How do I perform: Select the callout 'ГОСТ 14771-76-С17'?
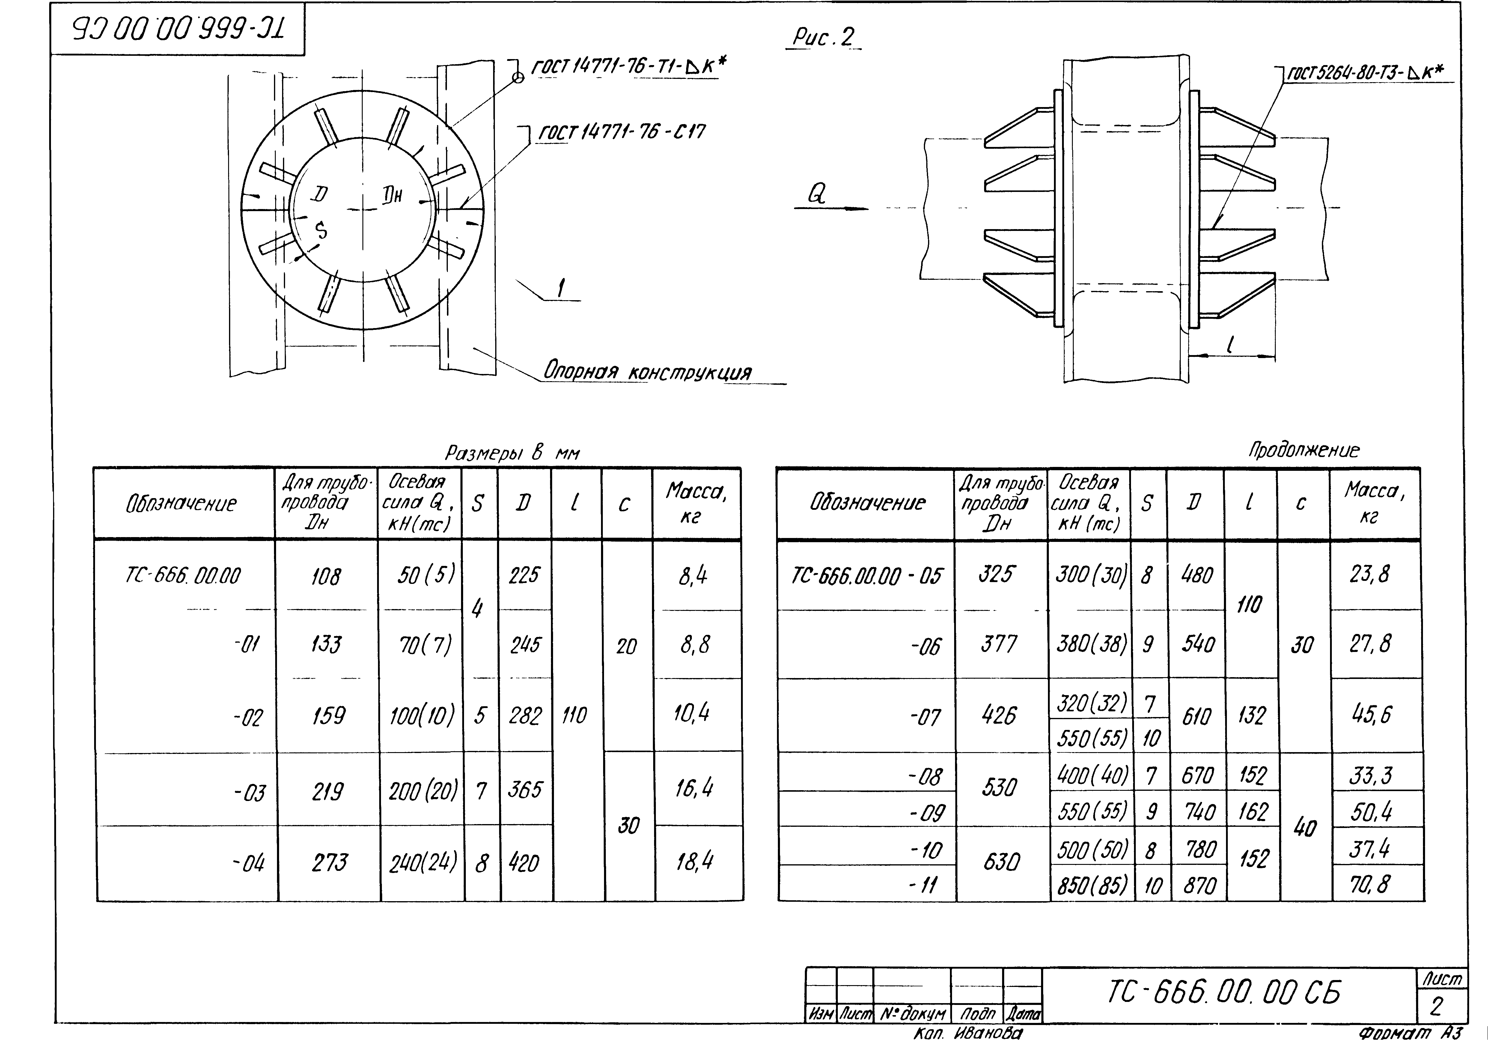coord(622,132)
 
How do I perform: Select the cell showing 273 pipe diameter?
coord(329,863)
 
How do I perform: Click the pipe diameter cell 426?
coord(999,716)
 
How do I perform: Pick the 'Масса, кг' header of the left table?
coord(695,504)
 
